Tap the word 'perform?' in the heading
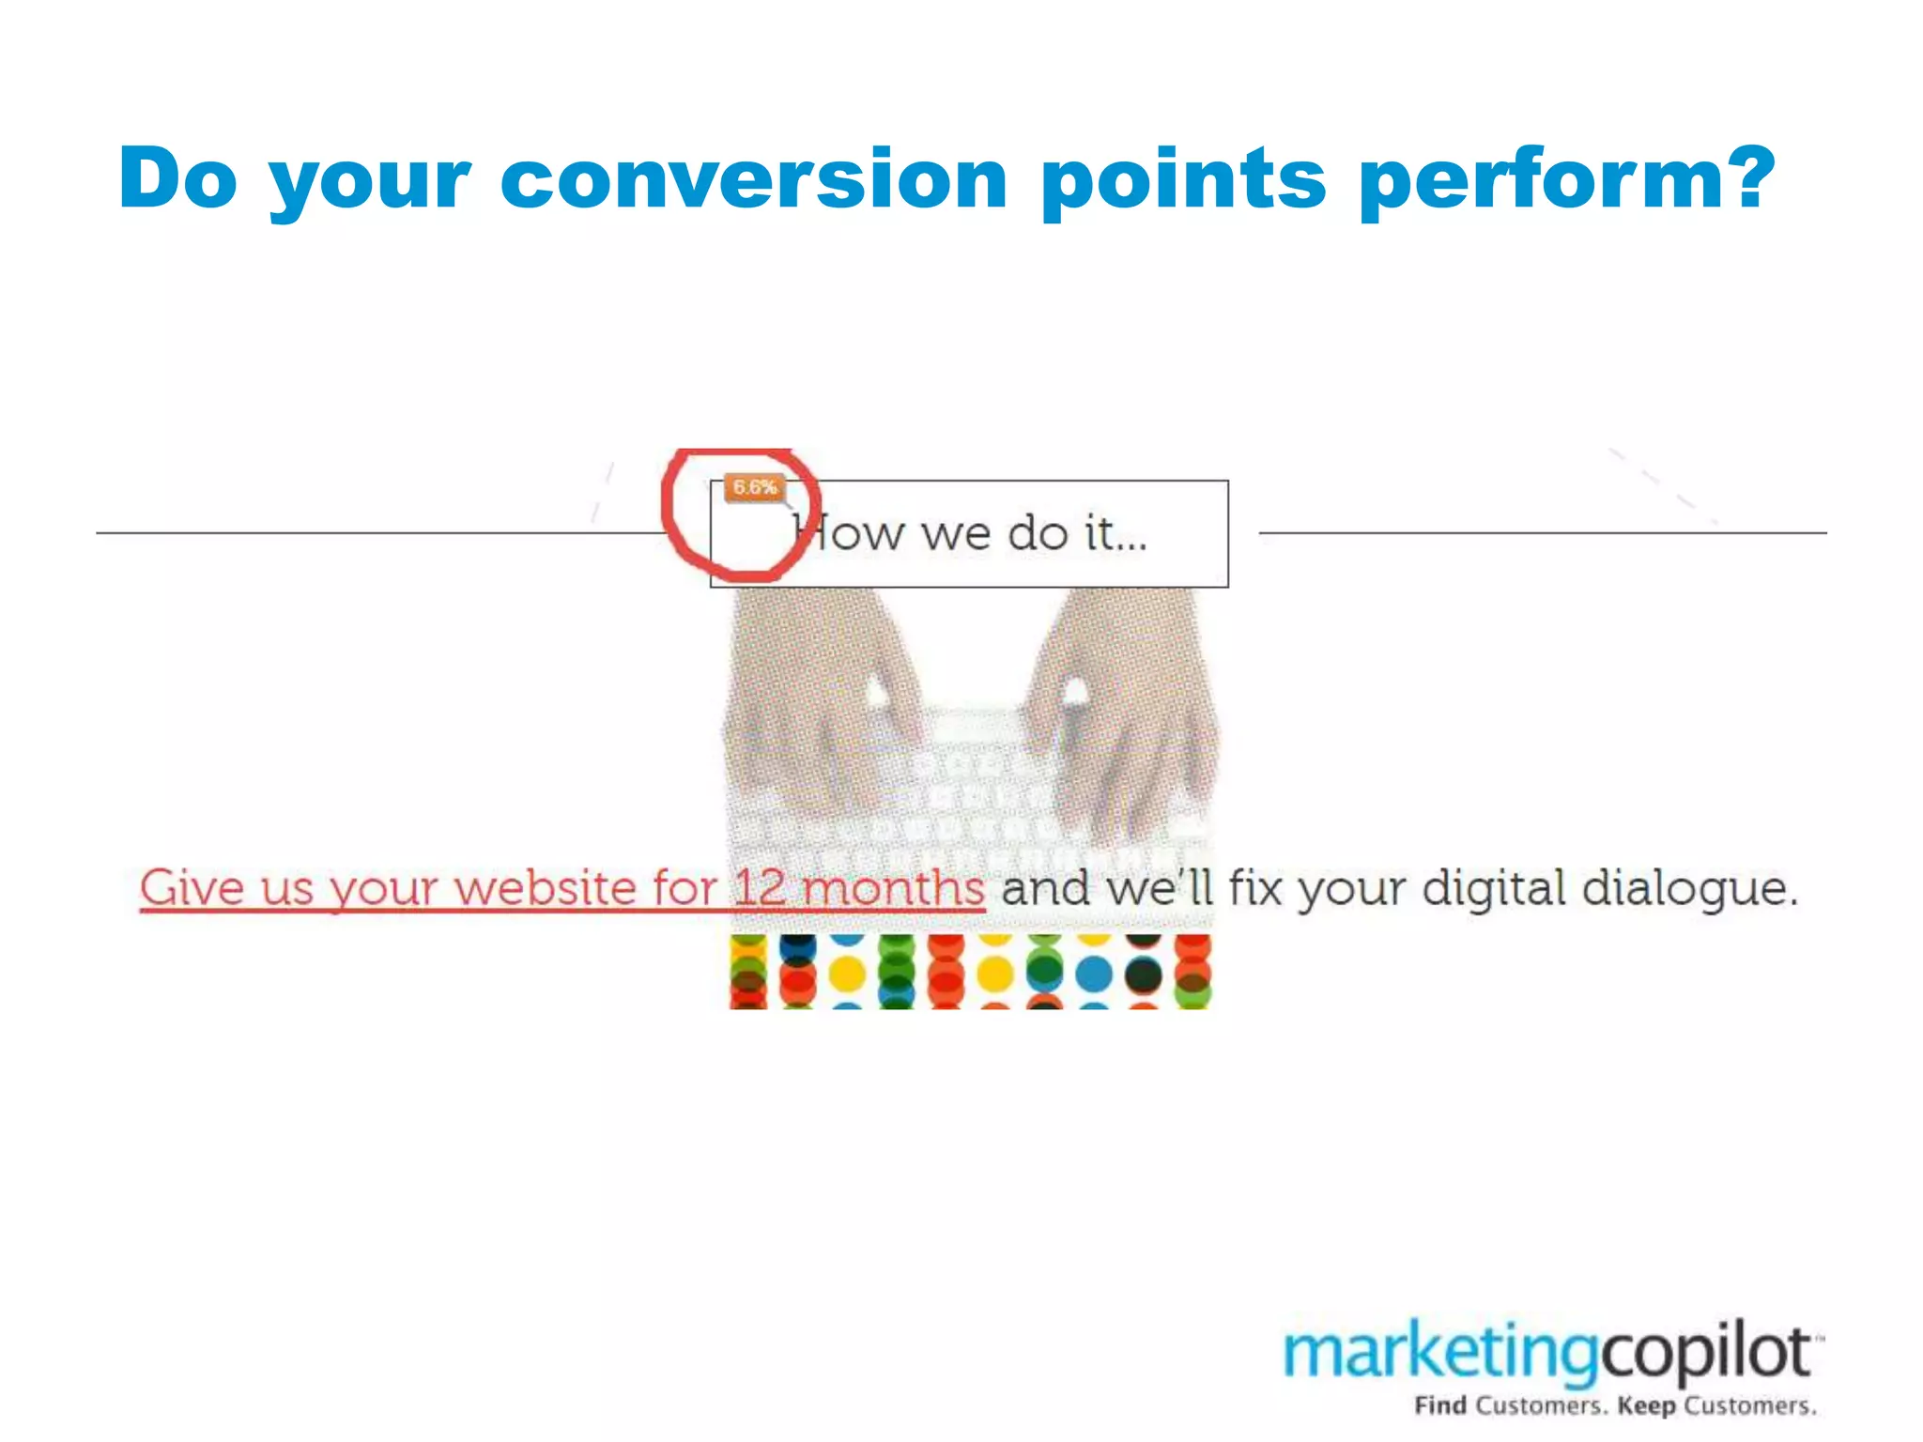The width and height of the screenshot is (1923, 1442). point(1566,180)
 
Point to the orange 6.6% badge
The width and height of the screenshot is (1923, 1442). point(754,488)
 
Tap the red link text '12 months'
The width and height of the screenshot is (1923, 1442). point(858,888)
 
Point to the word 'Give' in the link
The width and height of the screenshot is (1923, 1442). point(192,888)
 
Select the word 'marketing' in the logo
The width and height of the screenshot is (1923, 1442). point(1440,1353)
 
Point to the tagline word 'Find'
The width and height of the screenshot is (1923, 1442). point(1440,1406)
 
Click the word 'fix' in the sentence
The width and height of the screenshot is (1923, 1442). point(1255,888)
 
